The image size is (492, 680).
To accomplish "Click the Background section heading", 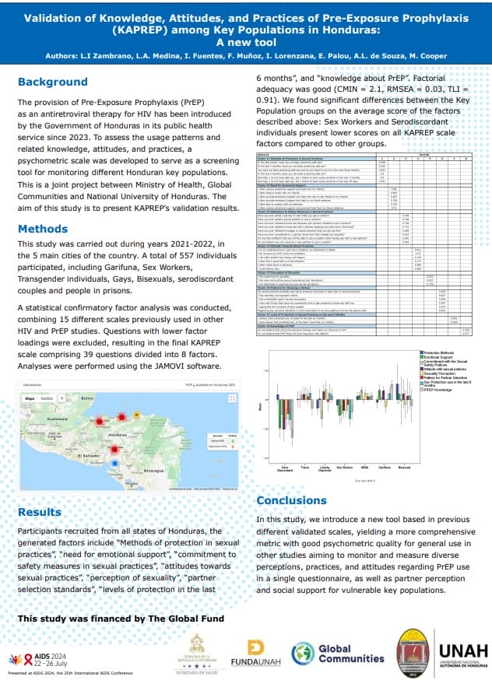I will (52, 82).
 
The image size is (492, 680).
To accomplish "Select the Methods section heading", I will (44, 208).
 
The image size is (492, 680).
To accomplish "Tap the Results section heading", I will (40, 512).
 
